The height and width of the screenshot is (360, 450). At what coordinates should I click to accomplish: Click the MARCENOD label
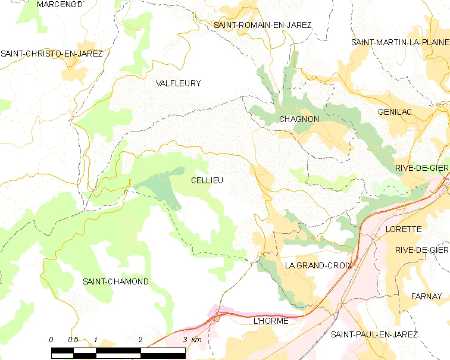[x=60, y=4]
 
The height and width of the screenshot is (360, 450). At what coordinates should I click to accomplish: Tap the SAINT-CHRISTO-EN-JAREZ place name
[x=52, y=54]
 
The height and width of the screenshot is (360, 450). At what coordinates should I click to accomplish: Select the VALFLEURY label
[x=178, y=83]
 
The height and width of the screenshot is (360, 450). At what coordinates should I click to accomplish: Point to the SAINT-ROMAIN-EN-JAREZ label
[x=262, y=25]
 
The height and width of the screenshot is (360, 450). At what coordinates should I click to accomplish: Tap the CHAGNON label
[x=299, y=119]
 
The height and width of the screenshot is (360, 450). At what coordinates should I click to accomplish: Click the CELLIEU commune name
[x=207, y=180]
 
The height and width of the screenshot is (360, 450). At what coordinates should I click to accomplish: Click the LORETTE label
[x=403, y=229]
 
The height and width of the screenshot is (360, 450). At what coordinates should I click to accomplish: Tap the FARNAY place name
[x=426, y=296]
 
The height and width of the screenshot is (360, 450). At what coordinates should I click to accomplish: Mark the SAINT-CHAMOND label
[x=115, y=281]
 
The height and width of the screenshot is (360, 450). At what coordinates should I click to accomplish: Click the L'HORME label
[x=270, y=321]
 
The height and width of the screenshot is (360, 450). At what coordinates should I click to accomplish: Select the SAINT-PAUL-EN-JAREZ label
[x=374, y=334]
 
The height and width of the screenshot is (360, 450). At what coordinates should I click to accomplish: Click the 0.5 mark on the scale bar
[x=73, y=339]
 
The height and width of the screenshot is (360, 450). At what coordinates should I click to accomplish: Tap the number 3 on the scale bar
[x=185, y=339]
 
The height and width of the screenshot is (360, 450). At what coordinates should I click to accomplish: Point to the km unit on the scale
[x=196, y=339]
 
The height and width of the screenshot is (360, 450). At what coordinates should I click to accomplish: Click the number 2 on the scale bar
[x=140, y=339]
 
